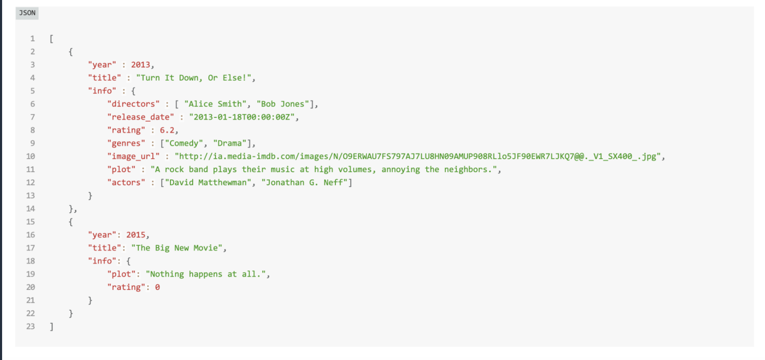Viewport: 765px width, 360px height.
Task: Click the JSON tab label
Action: tap(27, 13)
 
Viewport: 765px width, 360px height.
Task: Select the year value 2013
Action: tap(141, 65)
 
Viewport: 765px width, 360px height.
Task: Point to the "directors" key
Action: tap(133, 104)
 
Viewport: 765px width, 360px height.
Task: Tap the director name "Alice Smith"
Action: tap(215, 104)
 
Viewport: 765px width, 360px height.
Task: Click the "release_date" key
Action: tap(141, 117)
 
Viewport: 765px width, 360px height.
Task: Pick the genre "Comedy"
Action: tap(184, 143)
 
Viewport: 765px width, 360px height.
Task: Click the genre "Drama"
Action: tap(230, 143)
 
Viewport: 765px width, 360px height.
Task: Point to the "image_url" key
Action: tap(133, 156)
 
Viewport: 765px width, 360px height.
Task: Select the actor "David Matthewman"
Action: tap(208, 183)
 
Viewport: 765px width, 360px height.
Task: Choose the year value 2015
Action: tap(136, 235)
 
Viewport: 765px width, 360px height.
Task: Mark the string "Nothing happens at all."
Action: tap(206, 274)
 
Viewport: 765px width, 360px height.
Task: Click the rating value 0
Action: tap(157, 287)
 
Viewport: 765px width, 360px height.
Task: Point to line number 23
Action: tap(31, 326)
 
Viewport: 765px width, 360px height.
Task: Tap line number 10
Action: tap(31, 156)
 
